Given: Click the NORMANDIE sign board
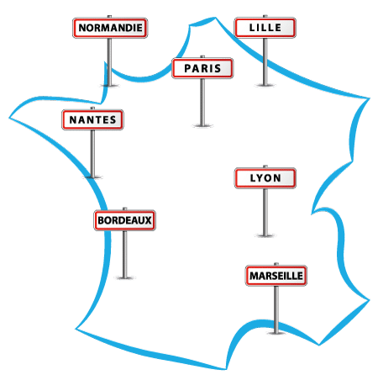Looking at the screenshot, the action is coord(110,28).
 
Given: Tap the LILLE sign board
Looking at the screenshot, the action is coord(265,28).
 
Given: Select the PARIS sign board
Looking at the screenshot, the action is coord(202,68).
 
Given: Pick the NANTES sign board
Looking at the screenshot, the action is coord(92,119).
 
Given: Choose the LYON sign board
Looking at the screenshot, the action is coord(265,178).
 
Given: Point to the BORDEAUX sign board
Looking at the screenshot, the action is coord(125,220).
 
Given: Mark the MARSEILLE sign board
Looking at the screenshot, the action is coord(276,276).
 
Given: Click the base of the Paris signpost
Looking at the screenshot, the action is coord(202,125).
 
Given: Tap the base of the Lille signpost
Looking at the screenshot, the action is coord(265,85).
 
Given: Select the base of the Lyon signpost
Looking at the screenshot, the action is coord(265,235).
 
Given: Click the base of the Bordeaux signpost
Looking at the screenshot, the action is coord(125,277).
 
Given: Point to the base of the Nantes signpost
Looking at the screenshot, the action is coord(92,177).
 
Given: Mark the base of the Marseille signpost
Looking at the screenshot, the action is coord(276,333).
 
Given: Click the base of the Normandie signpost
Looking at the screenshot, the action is coord(109,85).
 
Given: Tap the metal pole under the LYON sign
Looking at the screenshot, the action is coord(265,211).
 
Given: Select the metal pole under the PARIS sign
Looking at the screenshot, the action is coord(202,101).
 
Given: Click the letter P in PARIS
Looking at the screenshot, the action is coord(187,68).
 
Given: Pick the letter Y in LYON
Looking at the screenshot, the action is coord(259,178).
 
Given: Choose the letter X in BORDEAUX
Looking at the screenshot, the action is coord(148,220).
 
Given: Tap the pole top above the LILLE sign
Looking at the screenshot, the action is coord(265,16).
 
